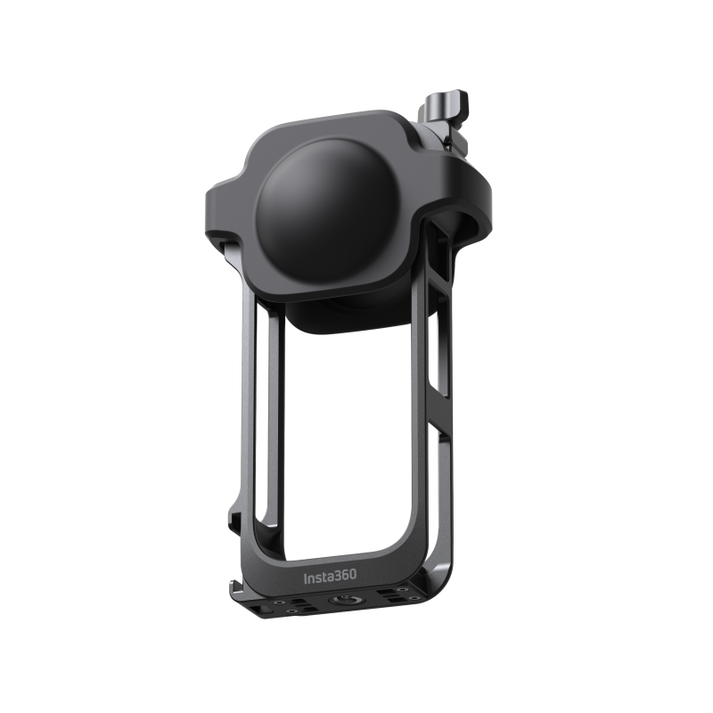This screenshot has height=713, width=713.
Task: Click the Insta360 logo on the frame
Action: click(330, 577)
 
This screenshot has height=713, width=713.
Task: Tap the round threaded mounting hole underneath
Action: click(346, 601)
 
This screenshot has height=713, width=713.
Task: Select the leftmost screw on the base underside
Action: click(277, 602)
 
